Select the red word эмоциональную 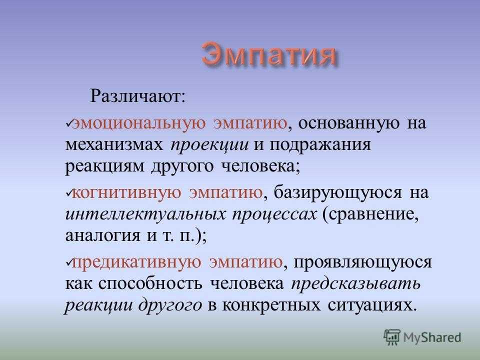138,123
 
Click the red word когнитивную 126,192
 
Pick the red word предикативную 136,262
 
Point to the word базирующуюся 337,193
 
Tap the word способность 150,284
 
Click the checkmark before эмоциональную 68,123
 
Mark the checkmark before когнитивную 68,192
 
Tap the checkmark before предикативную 68,262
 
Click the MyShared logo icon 392,337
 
